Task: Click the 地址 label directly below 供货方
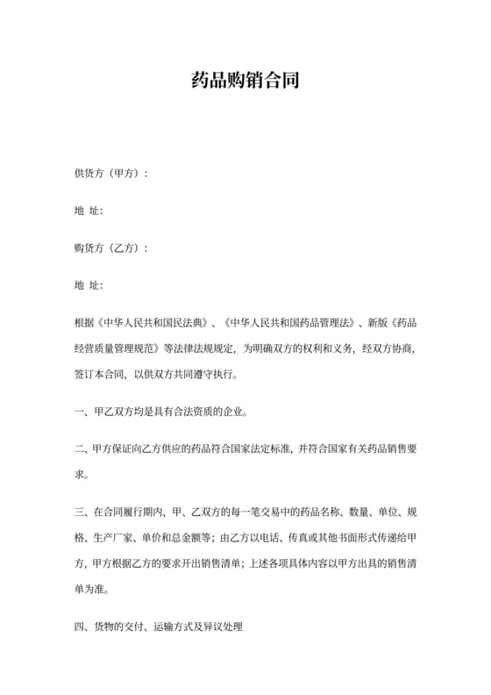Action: pos(89,211)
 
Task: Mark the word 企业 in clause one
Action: pos(231,412)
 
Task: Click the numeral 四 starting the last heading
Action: pos(79,627)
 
